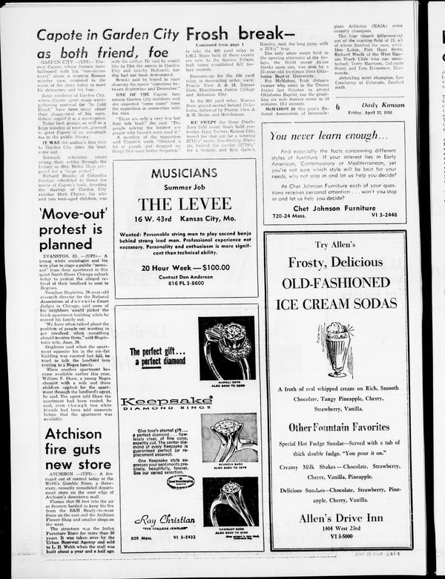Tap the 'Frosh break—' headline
[x=236, y=34]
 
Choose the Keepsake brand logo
[x=156, y=402]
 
